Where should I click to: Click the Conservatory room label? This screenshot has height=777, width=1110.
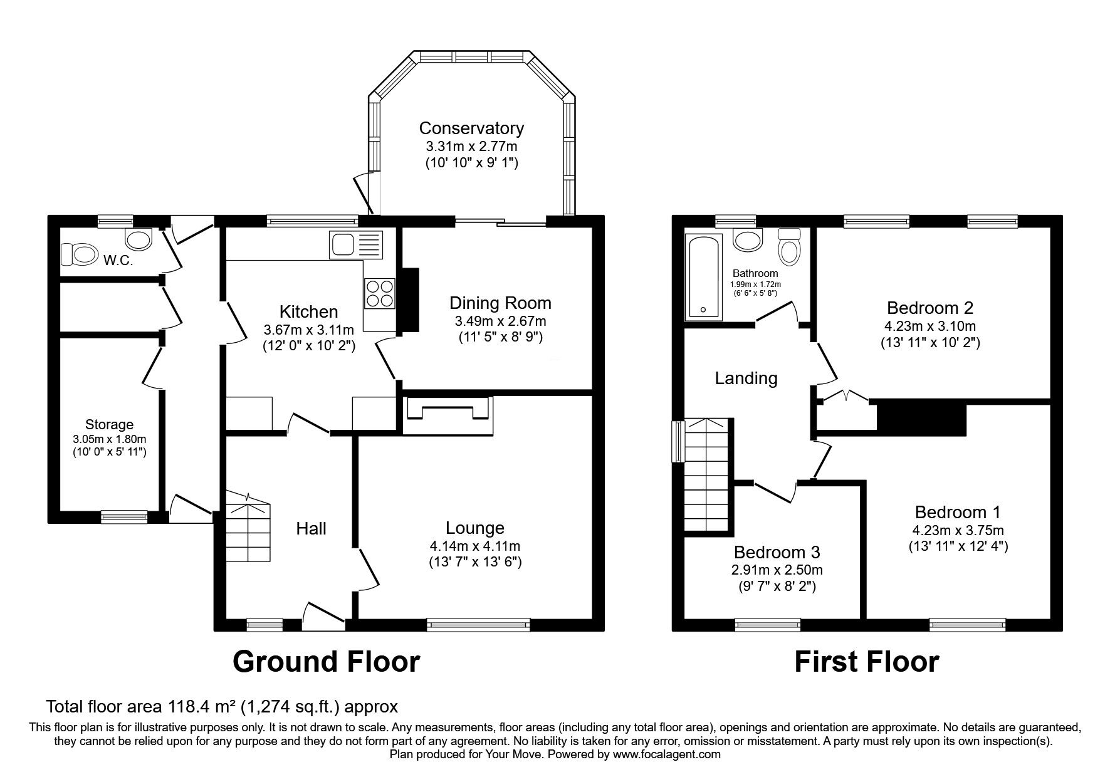pos(471,128)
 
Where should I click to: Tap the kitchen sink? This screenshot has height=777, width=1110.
pos(355,244)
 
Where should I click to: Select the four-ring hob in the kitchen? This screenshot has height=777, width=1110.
pos(379,293)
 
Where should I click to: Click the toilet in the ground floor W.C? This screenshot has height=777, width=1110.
pos(80,255)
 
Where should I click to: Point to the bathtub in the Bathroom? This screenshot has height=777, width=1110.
pos(703,276)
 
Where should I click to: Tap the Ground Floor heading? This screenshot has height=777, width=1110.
pos(326,662)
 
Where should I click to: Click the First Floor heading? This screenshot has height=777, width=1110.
pos(867,662)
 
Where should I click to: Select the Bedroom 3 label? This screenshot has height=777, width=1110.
pos(777,552)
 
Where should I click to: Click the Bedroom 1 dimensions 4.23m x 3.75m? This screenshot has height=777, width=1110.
pos(958,530)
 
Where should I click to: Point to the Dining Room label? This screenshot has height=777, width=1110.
pos(500,303)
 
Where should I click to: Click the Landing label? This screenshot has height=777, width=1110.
pos(746,378)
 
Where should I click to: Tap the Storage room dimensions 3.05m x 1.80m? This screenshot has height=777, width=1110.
pos(109,439)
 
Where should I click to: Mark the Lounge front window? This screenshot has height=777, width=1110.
pos(478,623)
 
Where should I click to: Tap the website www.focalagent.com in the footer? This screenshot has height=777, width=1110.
pos(667,754)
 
